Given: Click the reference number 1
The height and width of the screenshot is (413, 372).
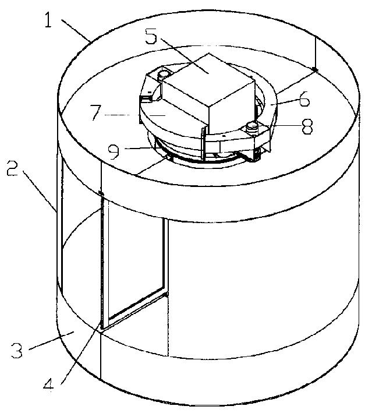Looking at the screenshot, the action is [48, 20].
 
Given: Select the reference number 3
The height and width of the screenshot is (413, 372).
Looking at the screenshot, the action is [17, 350].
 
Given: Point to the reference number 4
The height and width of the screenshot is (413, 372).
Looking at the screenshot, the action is [49, 389].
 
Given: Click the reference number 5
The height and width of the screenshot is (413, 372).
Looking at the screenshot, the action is [151, 36].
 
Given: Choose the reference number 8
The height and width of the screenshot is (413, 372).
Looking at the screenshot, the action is [307, 126].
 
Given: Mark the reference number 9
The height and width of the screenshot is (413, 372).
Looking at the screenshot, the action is [114, 151].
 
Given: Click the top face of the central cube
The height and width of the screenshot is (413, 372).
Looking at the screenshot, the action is [208, 78].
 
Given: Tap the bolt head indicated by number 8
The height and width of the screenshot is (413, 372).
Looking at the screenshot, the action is [251, 126].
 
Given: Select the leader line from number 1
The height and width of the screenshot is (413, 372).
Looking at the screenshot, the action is [76, 30].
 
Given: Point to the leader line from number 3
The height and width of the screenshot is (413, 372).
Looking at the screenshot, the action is [51, 341].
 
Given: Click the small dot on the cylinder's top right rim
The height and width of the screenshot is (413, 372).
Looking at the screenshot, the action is [315, 69].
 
